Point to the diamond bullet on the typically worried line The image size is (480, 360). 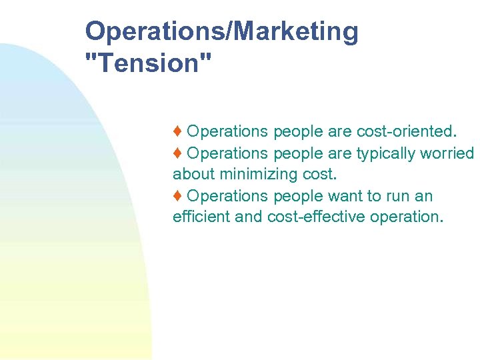[178, 153]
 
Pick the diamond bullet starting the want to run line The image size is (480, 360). [178, 196]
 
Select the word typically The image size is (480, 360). [387, 153]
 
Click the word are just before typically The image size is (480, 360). [340, 153]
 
